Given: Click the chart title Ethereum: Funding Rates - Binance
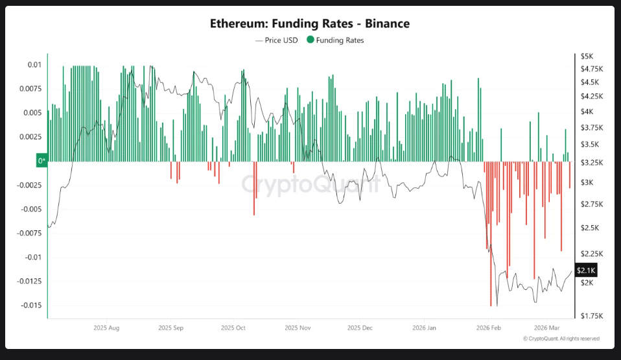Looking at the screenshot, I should pos(310,23).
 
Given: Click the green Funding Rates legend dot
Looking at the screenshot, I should pos(310,40).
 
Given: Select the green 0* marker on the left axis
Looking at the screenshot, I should pos(41,160).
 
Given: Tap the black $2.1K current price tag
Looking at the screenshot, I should pos(585,270).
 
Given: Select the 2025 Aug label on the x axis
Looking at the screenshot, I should pos(107,328).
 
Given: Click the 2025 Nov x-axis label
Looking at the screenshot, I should pos(298,328).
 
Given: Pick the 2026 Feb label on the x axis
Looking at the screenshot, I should pos(488,328).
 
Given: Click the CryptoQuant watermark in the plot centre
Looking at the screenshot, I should pos(310,184).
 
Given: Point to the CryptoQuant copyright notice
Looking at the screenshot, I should pos(561,339).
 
